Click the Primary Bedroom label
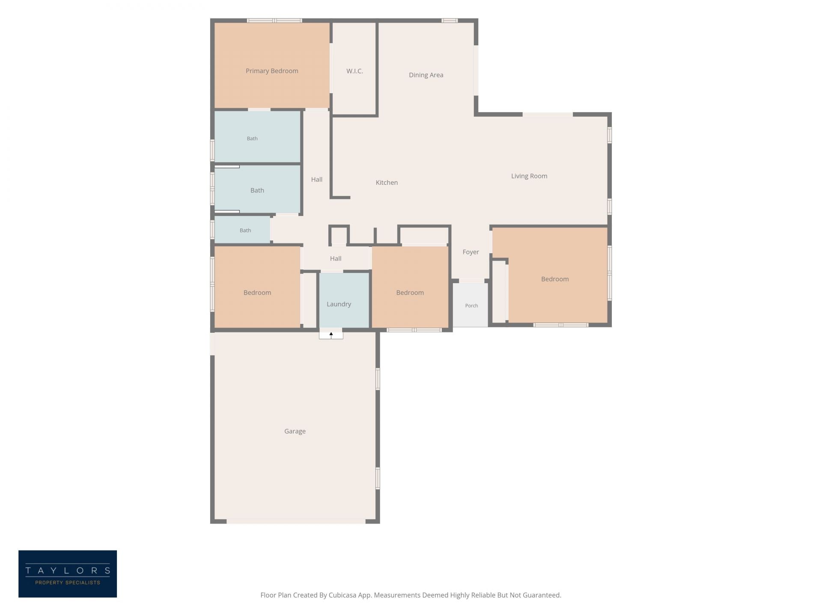[x=272, y=71]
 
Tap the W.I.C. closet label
[x=354, y=71]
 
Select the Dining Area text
[x=426, y=75]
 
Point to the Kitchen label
[x=387, y=183]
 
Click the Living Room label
[x=529, y=176]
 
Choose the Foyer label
[x=471, y=252]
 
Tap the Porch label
[x=471, y=305]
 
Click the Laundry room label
[x=339, y=304]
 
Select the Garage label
[x=295, y=431]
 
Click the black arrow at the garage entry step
[x=331, y=335]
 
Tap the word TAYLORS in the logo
[x=68, y=570]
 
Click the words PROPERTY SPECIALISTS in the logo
[x=68, y=583]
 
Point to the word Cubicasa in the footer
[x=342, y=595]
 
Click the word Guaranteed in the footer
[x=542, y=595]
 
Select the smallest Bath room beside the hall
[x=242, y=230]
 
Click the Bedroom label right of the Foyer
[x=555, y=279]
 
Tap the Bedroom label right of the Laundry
[x=410, y=293]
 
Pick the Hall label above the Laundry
[x=336, y=258]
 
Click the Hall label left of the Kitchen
[x=317, y=179]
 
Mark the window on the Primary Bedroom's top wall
[x=274, y=21]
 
